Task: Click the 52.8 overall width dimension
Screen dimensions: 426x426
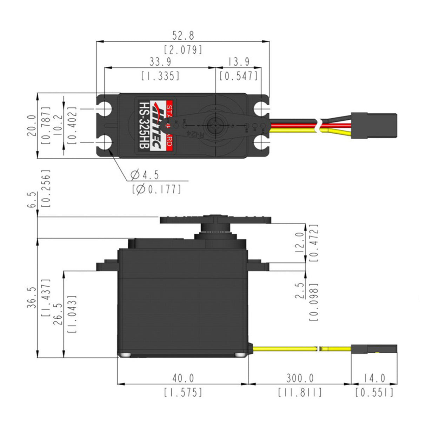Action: [183, 35]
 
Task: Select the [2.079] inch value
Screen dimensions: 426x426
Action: [183, 49]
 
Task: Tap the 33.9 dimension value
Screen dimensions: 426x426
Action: [160, 62]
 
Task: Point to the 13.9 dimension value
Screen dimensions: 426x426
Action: [239, 62]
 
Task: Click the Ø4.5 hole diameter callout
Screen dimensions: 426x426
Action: [145, 174]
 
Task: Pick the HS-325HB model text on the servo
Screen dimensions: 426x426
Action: [143, 125]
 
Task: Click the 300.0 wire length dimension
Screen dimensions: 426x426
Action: [300, 378]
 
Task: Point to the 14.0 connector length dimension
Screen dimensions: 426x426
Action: [374, 378]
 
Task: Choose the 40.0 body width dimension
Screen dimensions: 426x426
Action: [183, 378]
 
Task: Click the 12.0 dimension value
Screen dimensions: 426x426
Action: [299, 242]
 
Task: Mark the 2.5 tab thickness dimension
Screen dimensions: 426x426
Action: [299, 292]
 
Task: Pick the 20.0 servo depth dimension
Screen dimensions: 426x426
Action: [32, 125]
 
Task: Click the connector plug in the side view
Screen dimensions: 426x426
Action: [374, 349]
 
